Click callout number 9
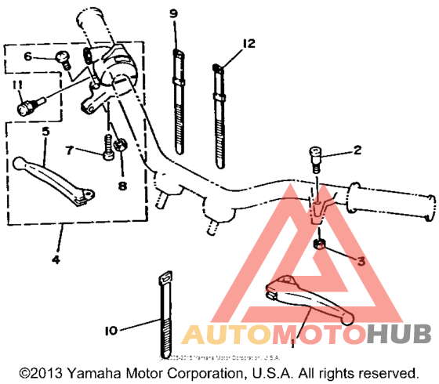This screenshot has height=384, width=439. click(174, 13)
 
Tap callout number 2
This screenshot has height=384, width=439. click(357, 150)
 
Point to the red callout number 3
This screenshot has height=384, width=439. click(361, 262)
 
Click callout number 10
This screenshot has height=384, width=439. click(112, 331)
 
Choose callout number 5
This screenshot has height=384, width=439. click(45, 132)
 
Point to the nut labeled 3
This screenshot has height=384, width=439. click(320, 247)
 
